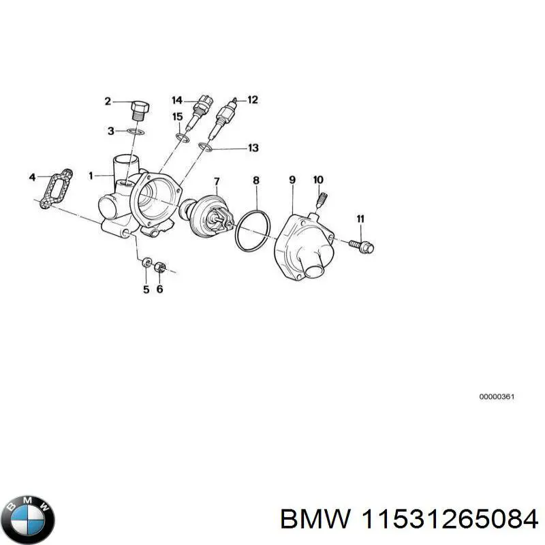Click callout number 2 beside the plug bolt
point(107,102)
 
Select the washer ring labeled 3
point(136,130)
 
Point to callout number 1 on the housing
point(91,175)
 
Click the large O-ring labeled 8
point(253,230)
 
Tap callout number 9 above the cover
point(292,180)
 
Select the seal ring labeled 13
point(205,146)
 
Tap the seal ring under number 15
point(181,139)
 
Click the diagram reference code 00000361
point(496,396)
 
